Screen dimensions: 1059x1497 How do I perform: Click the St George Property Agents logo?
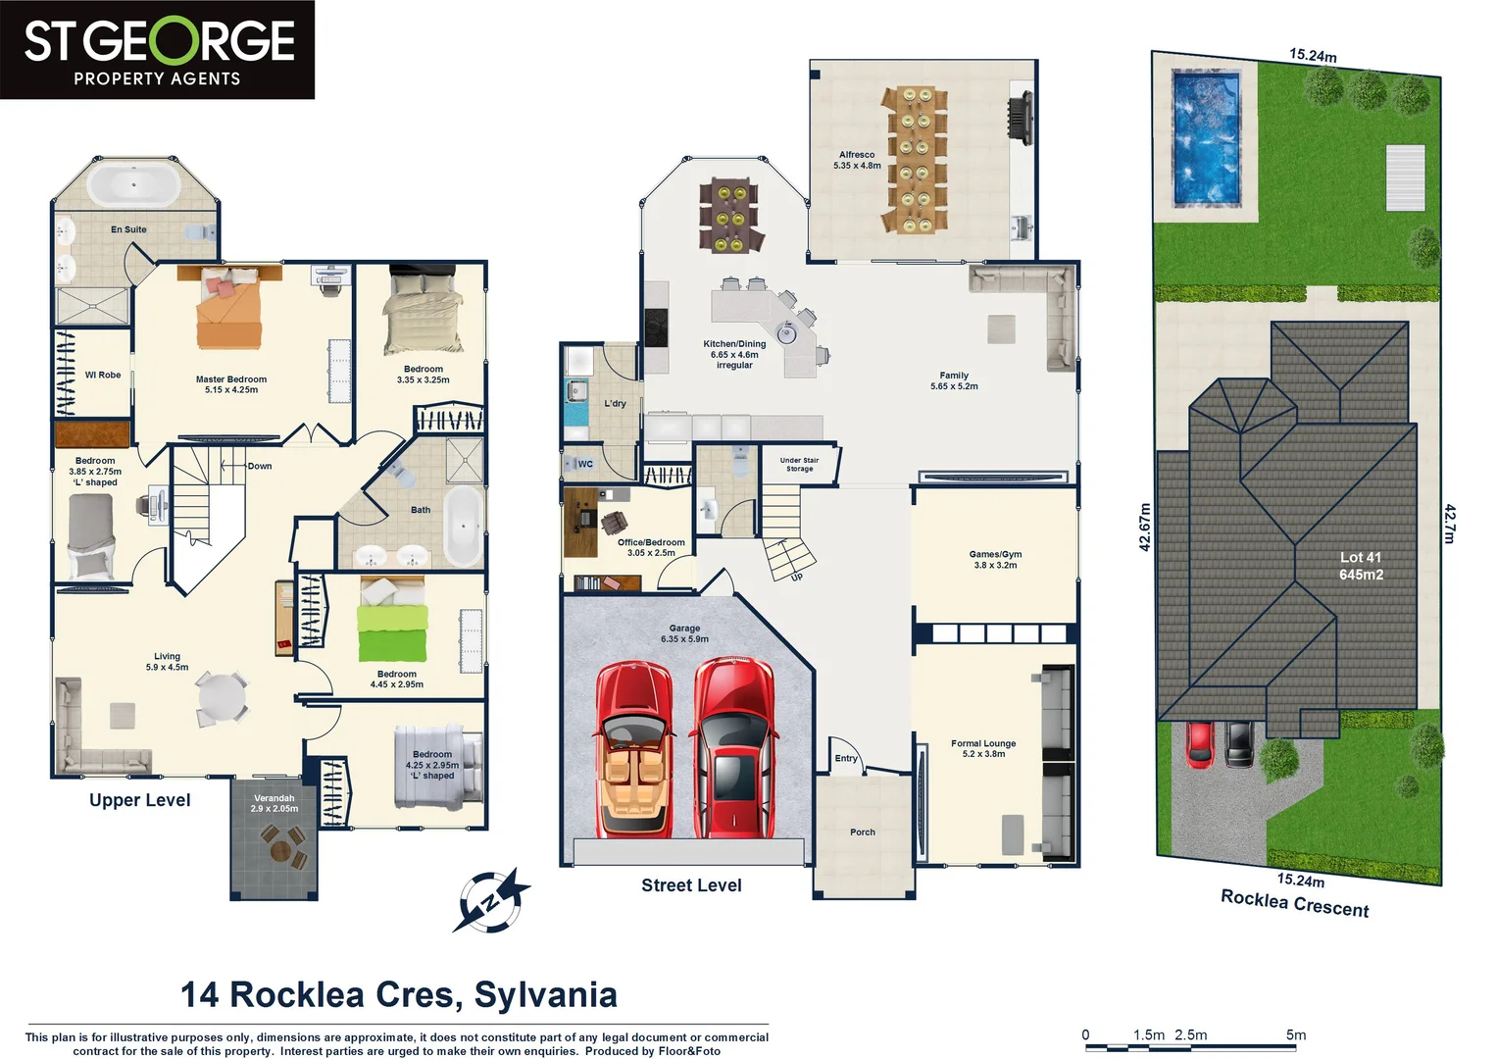[x=157, y=49]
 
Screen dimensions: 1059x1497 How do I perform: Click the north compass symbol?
[x=490, y=900]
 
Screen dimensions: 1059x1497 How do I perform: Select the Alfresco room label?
[x=857, y=160]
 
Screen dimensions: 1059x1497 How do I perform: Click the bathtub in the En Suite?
[x=132, y=185]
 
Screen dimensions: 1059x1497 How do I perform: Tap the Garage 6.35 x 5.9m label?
[x=684, y=633]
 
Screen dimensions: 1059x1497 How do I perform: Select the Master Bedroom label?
[x=231, y=384]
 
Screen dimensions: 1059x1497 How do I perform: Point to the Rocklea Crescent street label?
[x=1294, y=903]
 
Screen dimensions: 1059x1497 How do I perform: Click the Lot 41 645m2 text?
[x=1361, y=566]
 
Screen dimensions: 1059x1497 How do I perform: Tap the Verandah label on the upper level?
[x=274, y=803]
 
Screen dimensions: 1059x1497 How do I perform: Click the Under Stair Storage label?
[x=799, y=464]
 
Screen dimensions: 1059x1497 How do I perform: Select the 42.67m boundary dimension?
[x=1145, y=527]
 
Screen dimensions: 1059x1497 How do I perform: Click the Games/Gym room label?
[x=995, y=559]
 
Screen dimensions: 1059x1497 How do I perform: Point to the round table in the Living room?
[x=224, y=697]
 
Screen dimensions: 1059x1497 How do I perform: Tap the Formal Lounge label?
[x=983, y=748]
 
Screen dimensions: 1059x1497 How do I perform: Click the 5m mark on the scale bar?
[x=1295, y=1035]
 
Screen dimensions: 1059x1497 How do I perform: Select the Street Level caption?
[x=691, y=885]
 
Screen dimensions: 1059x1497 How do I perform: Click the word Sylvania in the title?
[x=546, y=994]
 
